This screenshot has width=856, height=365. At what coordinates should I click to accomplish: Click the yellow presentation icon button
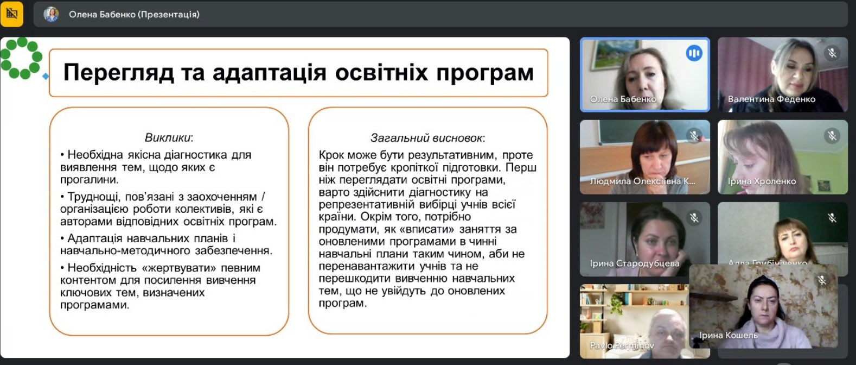point(12,14)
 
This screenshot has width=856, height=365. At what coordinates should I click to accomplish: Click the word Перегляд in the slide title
point(118,73)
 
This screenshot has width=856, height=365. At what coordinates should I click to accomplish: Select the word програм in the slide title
point(484,73)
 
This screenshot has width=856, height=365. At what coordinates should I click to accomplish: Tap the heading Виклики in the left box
point(169,138)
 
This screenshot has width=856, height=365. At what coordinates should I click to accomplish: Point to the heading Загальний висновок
point(427,138)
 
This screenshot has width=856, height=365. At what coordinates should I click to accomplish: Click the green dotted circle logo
point(21,58)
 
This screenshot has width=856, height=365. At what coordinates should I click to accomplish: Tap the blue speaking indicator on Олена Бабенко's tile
point(694,53)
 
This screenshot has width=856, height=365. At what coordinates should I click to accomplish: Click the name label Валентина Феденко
point(771,99)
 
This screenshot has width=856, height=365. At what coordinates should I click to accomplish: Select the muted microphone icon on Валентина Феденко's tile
point(832,53)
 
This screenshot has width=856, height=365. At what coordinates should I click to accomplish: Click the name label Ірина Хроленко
point(762,181)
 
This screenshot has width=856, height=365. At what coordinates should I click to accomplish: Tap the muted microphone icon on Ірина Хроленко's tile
point(832,135)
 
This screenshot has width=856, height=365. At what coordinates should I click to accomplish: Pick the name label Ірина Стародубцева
point(634,263)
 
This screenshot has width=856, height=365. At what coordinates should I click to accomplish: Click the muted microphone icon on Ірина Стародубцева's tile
point(694,218)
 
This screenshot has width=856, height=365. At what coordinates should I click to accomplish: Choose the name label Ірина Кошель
point(728,336)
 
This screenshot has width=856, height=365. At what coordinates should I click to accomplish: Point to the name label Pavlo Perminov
point(622,346)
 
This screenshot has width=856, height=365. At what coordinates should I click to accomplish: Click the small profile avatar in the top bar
point(51,15)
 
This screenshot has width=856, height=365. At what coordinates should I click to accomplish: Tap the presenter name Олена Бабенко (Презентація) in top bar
point(134,15)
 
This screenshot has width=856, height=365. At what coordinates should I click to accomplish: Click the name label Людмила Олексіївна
point(642,181)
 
